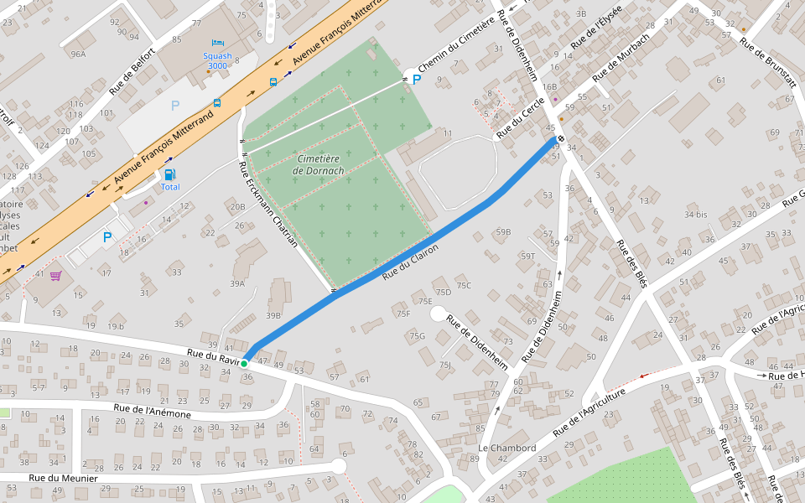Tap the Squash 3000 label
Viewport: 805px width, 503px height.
217,60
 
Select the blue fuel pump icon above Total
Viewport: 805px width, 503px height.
170,174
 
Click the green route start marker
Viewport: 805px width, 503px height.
244,364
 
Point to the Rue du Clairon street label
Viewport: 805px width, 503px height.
410,262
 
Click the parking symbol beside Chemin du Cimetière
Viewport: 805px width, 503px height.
417,80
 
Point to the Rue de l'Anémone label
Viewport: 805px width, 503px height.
152,411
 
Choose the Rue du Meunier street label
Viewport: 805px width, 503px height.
64,478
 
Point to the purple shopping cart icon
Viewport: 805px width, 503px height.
55,275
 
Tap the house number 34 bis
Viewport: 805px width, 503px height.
695,215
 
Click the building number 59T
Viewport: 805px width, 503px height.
527,257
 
